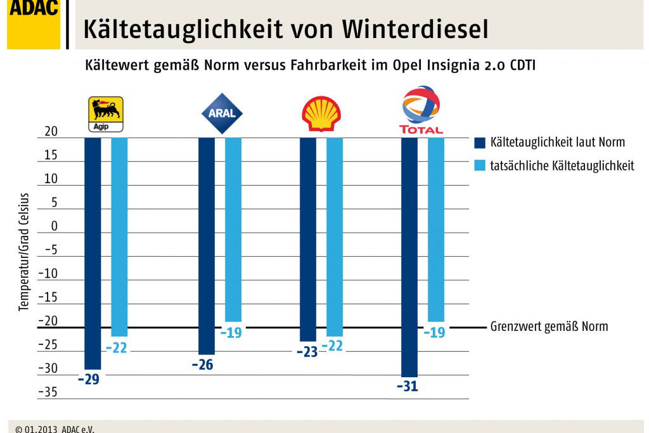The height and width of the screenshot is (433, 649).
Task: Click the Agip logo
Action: [x=105, y=114]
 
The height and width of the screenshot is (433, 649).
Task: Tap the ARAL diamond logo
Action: [x=221, y=113]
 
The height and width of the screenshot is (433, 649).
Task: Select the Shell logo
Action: [x=321, y=114]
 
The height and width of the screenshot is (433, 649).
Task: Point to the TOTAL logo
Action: [x=421, y=110]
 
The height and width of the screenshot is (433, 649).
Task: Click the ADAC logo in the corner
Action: [x=33, y=23]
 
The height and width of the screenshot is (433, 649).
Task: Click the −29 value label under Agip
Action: [x=89, y=380]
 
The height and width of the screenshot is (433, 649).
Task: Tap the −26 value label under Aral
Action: [x=202, y=365]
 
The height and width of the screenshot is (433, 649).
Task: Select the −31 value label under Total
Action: [x=408, y=386]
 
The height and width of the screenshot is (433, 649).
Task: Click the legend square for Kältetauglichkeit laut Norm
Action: [x=479, y=142]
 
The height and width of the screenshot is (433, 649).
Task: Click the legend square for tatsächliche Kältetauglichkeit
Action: [x=479, y=165]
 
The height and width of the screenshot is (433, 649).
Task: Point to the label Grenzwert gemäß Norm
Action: [x=549, y=327]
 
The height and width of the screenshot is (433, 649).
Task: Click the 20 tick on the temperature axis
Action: [x=51, y=132]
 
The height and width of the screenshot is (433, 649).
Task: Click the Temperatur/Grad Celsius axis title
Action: [x=24, y=252]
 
